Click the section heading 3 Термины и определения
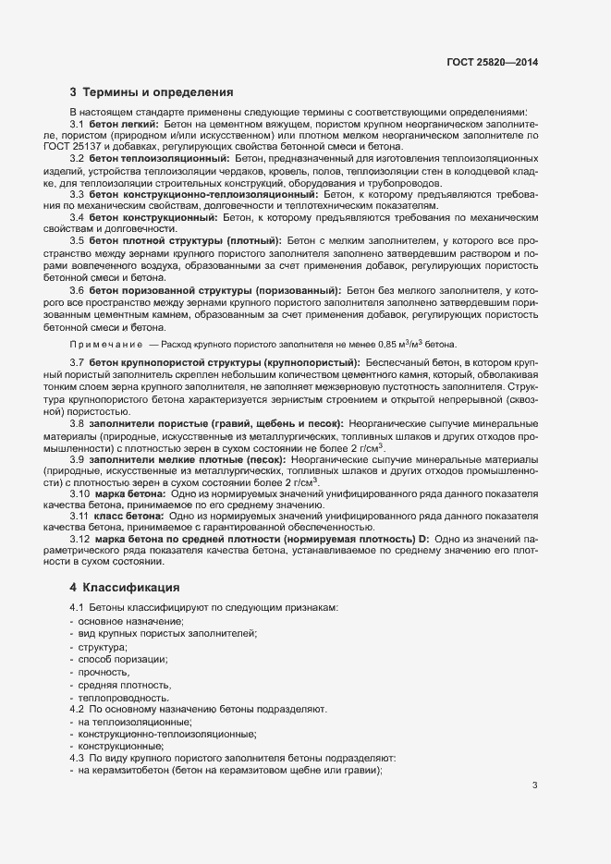point(151,92)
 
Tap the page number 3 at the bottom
point(535,785)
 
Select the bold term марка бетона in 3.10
point(130,495)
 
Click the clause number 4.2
point(77,709)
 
